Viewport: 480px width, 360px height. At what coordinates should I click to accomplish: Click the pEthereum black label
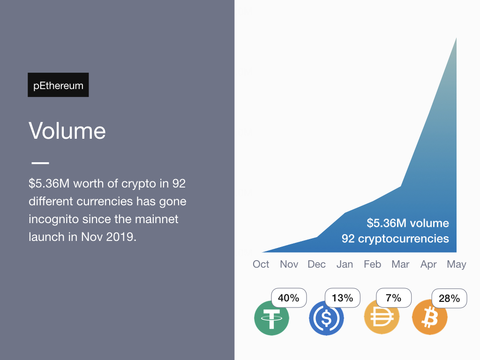[58, 85]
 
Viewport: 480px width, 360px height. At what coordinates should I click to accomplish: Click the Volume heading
[67, 131]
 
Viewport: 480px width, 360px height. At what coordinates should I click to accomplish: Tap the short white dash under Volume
[40, 163]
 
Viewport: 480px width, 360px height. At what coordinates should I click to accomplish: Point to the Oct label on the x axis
[261, 264]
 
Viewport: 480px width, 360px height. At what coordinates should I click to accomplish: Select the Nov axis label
[289, 264]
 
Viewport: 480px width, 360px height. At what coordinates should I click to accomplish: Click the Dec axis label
[316, 264]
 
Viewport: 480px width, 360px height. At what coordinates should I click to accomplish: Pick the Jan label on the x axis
[345, 264]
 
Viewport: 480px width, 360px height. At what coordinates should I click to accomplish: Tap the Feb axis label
[372, 264]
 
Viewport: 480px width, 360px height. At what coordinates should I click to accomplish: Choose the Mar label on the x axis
[400, 264]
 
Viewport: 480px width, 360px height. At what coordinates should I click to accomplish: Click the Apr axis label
[428, 264]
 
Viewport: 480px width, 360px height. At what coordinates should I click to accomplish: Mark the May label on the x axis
[457, 264]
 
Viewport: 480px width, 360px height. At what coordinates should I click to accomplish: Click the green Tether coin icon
[271, 318]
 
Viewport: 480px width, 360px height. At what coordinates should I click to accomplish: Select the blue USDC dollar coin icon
[326, 318]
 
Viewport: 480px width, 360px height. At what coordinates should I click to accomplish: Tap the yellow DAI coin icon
[382, 317]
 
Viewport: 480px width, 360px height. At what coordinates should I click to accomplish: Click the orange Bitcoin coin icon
[430, 317]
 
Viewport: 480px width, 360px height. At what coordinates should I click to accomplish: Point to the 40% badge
[289, 298]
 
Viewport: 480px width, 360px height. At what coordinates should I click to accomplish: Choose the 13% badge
[342, 298]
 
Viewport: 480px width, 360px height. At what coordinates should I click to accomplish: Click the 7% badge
[394, 298]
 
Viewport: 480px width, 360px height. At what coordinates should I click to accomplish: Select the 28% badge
[450, 299]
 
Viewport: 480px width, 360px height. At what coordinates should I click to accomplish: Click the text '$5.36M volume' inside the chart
[408, 223]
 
